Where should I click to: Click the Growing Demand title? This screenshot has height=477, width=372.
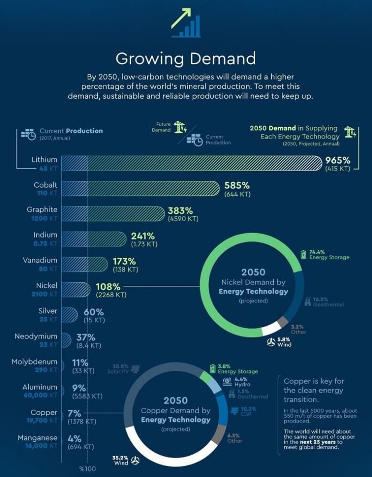[186, 59]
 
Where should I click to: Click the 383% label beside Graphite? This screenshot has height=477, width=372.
[180, 211]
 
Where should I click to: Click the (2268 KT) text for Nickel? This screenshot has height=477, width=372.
[111, 294]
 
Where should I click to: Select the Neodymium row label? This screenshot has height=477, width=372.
[36, 336]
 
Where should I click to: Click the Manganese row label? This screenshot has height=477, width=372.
[38, 438]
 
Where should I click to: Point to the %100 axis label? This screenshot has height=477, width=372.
[88, 469]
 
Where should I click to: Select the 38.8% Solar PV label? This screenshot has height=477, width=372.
[120, 368]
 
